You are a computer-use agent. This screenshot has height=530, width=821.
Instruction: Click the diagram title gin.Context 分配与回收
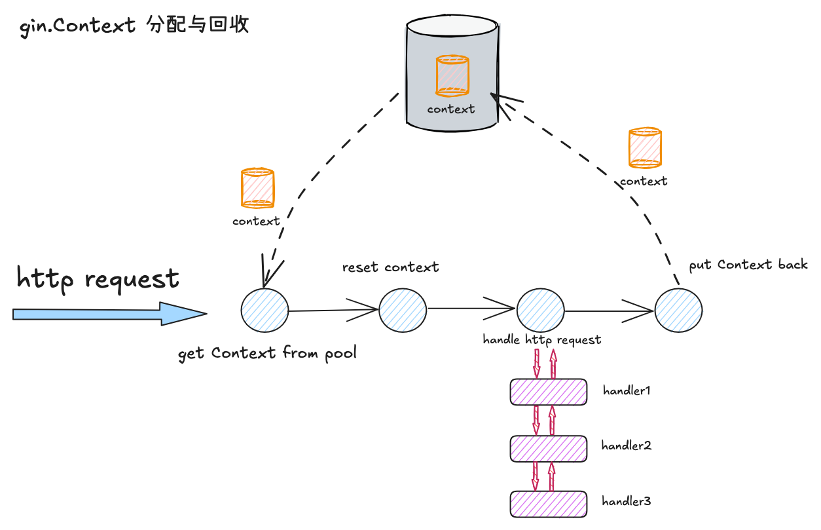[x=135, y=27]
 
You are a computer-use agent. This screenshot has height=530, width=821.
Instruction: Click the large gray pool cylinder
[x=451, y=72]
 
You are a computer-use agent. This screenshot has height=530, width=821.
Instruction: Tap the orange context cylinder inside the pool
[x=452, y=75]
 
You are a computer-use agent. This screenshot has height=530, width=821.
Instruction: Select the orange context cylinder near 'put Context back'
[x=644, y=148]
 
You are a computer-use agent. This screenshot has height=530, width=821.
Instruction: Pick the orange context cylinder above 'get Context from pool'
[x=257, y=188]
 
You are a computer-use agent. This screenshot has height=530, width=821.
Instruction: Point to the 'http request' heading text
[x=98, y=278]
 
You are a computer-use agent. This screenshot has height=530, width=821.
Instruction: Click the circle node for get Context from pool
[x=265, y=311]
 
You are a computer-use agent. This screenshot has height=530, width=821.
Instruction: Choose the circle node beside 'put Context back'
[x=678, y=311]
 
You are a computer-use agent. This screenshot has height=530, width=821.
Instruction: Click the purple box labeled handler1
[x=548, y=392]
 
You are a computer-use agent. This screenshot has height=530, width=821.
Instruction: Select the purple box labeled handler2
[x=548, y=447]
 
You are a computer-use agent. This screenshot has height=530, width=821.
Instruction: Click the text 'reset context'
[x=390, y=267]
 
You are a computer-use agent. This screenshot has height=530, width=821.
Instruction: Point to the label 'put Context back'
[x=748, y=265]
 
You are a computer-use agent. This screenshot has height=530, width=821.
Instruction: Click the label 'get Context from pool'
[x=267, y=354]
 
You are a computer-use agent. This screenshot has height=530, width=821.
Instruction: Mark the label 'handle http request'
[x=541, y=340]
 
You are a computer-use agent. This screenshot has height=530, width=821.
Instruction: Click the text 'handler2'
[x=626, y=446]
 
